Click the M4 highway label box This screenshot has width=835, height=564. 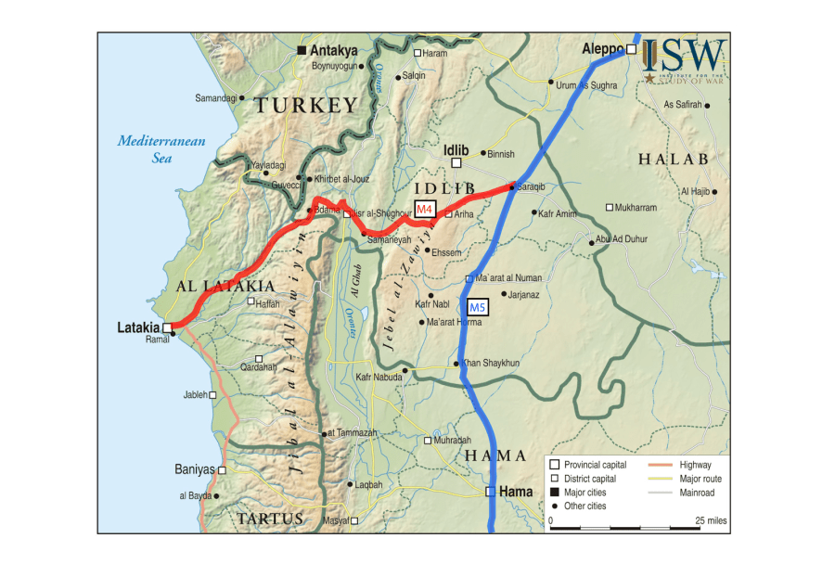pos(424,209)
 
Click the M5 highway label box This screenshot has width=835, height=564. pos(477,307)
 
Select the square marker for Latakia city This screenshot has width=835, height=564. pos(168,327)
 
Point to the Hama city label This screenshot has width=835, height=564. pos(516,492)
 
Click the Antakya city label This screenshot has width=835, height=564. pos(334,50)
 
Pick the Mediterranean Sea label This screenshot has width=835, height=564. pos(161,149)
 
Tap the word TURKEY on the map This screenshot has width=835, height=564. pos(306,106)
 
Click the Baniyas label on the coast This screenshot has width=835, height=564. pos(195,469)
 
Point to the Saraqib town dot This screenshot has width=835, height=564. pos(511,186)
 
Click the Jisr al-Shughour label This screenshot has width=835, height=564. pos(382,213)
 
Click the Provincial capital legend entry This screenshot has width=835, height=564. pos(595,465)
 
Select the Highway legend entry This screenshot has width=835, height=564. pos(695,465)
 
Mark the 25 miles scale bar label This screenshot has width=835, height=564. pos(711,520)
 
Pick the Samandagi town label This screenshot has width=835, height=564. pos(216,97)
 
